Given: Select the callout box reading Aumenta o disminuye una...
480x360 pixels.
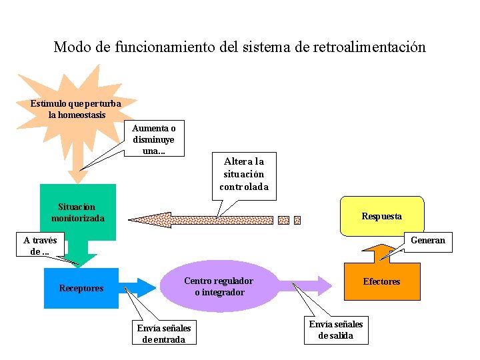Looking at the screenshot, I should pyautogui.click(x=154, y=139).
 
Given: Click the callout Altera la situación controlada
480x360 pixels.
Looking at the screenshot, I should pyautogui.click(x=244, y=174).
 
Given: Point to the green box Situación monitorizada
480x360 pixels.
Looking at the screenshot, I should pyautogui.click(x=77, y=212).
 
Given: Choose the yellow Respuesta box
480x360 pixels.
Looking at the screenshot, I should pyautogui.click(x=381, y=216).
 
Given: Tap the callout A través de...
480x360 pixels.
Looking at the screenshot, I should pyautogui.click(x=40, y=245).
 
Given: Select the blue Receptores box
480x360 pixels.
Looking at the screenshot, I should pyautogui.click(x=81, y=288).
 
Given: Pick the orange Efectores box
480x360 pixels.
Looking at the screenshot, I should pyautogui.click(x=381, y=281).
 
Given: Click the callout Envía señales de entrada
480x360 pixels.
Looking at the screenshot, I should pyautogui.click(x=164, y=333).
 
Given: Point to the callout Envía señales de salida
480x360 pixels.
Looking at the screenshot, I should pyautogui.click(x=336, y=329).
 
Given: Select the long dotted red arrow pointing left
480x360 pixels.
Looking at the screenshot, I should pyautogui.click(x=200, y=219).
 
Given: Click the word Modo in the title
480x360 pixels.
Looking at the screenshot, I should pyautogui.click(x=72, y=47).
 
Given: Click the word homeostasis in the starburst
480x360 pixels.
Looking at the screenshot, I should pyautogui.click(x=77, y=115).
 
